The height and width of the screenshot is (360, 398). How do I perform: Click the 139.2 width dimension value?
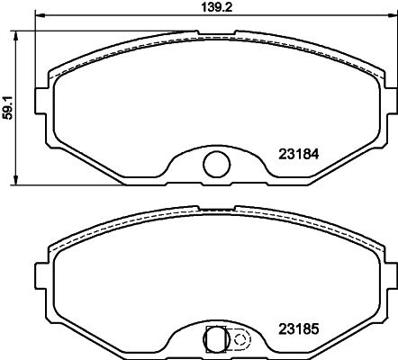point(217,6)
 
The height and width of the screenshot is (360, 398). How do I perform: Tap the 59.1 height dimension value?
point(8,108)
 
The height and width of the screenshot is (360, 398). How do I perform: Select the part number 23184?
point(299,154)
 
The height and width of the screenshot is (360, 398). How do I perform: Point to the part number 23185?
point(299,329)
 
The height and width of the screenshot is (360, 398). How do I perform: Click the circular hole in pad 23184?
point(217,164)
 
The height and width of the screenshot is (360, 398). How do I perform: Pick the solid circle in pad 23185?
point(216,339)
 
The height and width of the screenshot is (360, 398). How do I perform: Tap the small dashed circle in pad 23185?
point(240,339)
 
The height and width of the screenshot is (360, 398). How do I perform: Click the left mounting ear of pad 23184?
point(42,101)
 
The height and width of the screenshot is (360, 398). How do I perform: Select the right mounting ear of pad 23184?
point(391,101)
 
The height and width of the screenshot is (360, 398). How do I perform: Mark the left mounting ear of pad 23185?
point(42,276)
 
